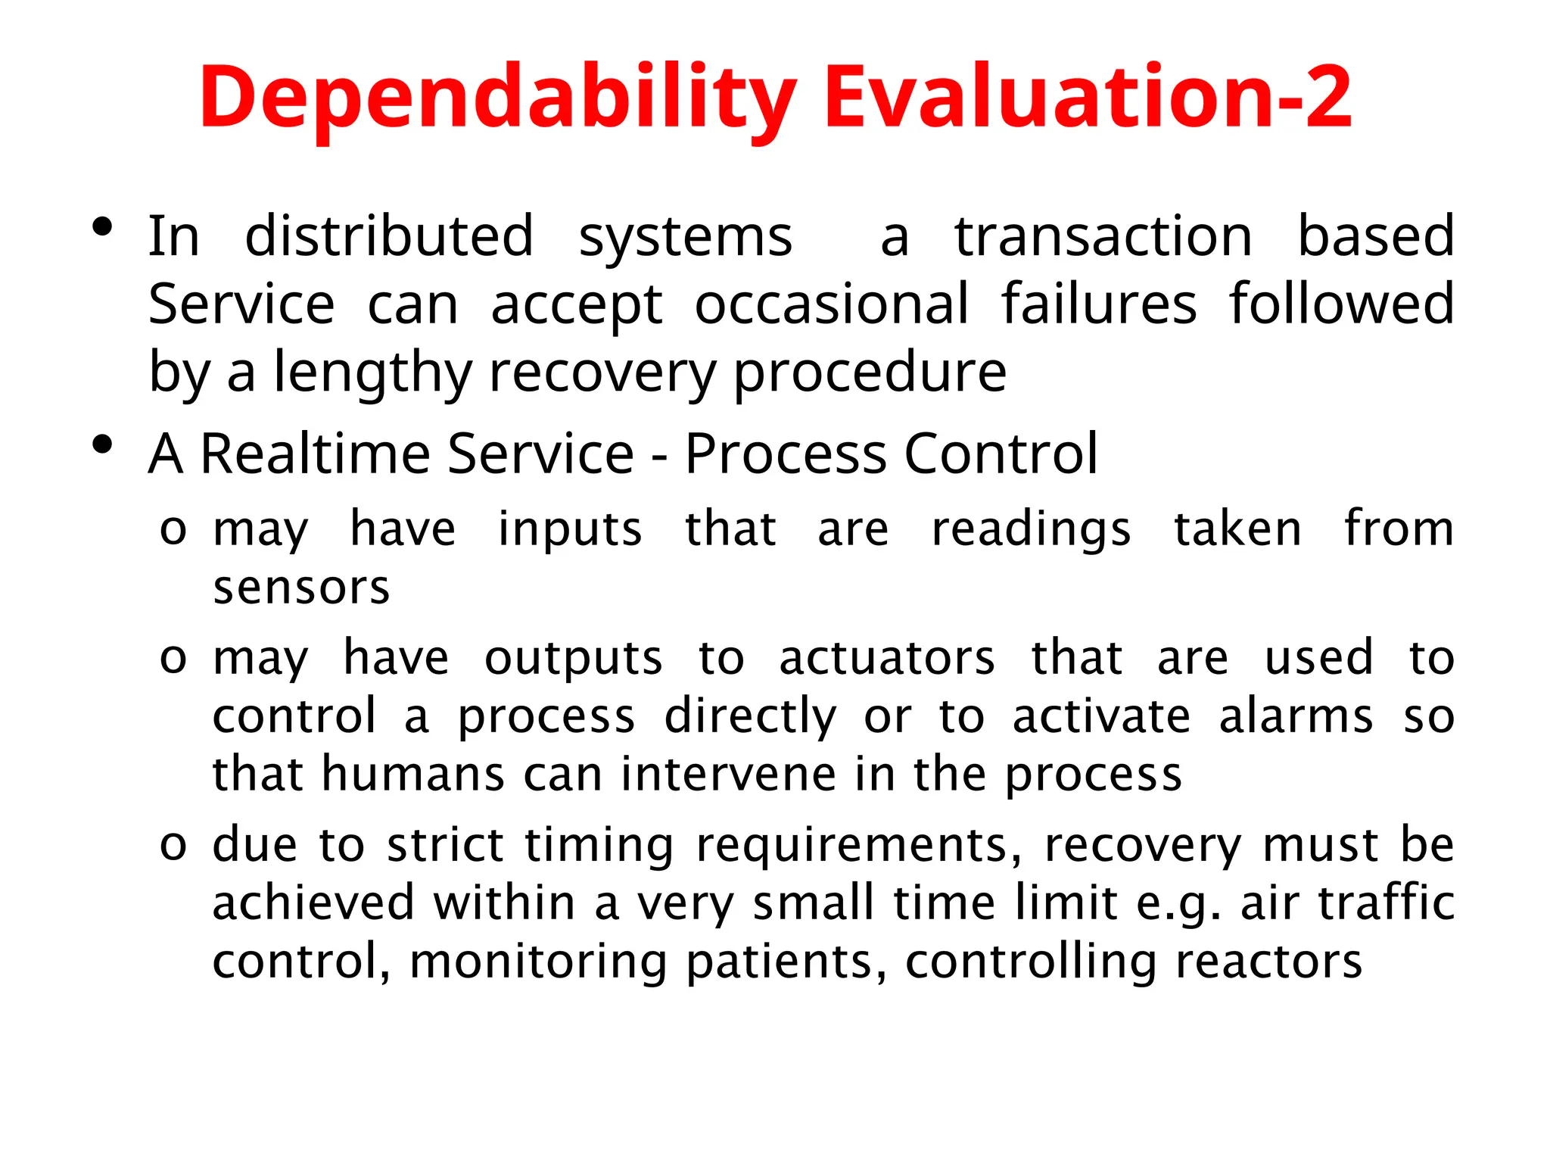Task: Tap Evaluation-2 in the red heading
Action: click(1088, 96)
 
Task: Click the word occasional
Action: click(832, 304)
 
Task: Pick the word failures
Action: click(1099, 304)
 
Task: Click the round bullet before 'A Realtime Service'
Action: click(102, 445)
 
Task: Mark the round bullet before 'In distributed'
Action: click(102, 227)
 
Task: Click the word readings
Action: click(1031, 528)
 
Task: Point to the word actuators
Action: click(887, 657)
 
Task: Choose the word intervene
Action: click(728, 774)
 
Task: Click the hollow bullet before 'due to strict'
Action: click(173, 845)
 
